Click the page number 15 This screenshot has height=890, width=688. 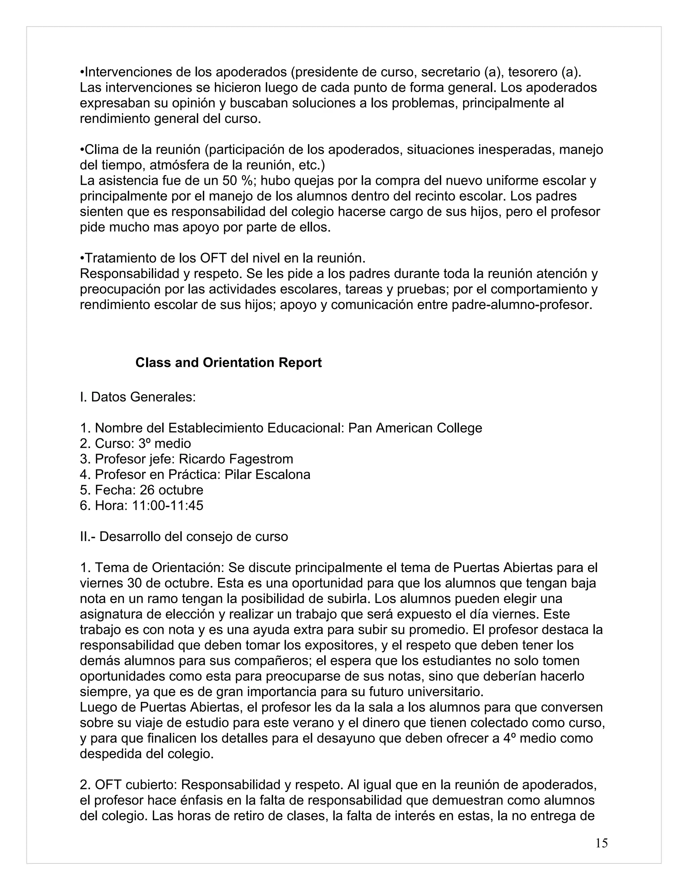601,843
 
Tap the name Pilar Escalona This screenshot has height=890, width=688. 267,474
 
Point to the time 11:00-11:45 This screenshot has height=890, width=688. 168,505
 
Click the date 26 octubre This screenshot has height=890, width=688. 171,490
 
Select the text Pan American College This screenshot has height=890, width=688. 415,428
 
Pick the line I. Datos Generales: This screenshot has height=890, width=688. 138,397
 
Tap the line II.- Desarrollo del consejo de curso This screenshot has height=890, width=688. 184,536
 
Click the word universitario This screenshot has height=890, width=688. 448,692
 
